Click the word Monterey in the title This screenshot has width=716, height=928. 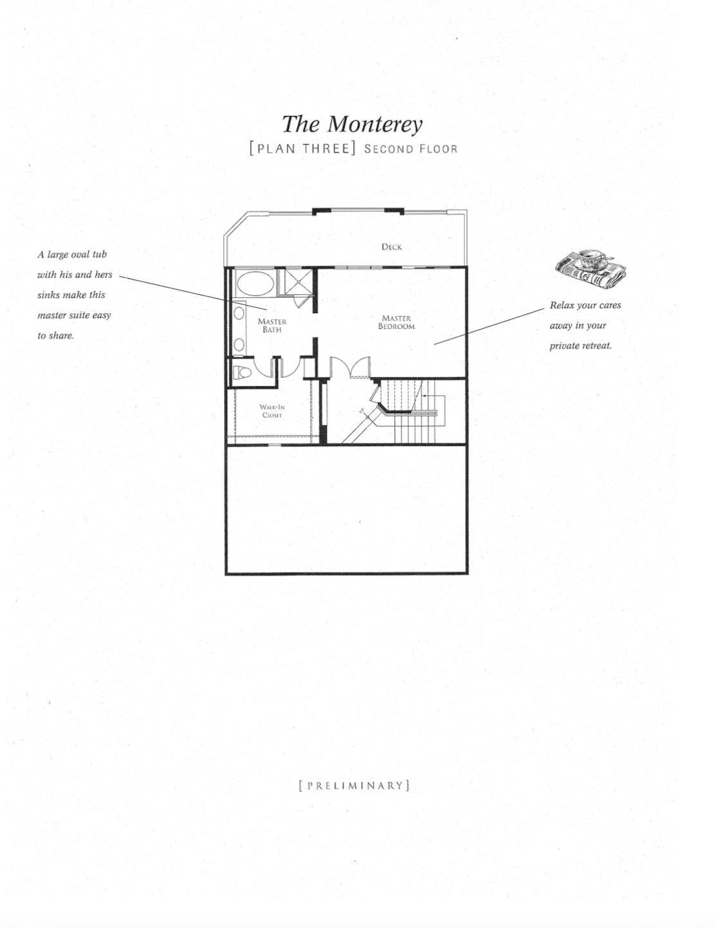(x=374, y=125)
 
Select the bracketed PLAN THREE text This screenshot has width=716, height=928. (x=302, y=149)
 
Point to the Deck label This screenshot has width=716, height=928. (x=391, y=246)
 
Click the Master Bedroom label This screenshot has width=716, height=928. (x=396, y=322)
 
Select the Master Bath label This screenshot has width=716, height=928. (x=272, y=326)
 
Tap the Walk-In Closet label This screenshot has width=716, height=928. (x=272, y=411)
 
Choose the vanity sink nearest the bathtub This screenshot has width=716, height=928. (x=239, y=313)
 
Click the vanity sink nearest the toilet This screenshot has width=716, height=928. (x=239, y=345)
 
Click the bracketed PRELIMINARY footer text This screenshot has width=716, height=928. (x=354, y=786)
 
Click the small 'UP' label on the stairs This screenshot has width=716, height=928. (x=362, y=411)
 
